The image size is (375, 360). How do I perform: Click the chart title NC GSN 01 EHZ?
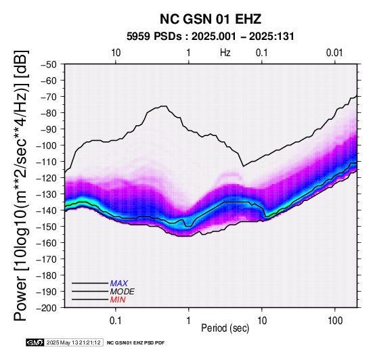pyautogui.click(x=211, y=19)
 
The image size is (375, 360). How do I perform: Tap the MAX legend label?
pyautogui.click(x=119, y=284)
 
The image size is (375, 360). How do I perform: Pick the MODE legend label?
pyautogui.click(x=123, y=292)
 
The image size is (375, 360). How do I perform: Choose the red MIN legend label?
pyautogui.click(x=118, y=300)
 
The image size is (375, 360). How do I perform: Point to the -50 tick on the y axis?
pyautogui.click(x=49, y=64)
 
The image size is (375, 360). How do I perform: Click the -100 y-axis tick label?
pyautogui.click(x=47, y=145)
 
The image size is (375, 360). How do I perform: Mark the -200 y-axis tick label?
pyautogui.click(x=47, y=308)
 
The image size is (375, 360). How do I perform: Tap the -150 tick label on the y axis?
pyautogui.click(x=47, y=227)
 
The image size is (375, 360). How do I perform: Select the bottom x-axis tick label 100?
pyautogui.click(x=335, y=321)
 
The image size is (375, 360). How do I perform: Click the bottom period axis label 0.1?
pyautogui.click(x=116, y=321)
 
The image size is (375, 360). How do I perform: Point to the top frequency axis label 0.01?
pyautogui.click(x=334, y=53)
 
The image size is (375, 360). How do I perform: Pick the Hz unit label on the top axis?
pyautogui.click(x=225, y=53)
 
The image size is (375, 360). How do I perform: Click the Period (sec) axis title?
pyautogui.click(x=225, y=328)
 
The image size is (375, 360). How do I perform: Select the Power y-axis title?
pyautogui.click(x=21, y=185)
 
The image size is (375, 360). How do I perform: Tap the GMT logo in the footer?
pyautogui.click(x=35, y=343)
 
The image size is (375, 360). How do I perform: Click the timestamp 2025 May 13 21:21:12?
pyautogui.click(x=73, y=343)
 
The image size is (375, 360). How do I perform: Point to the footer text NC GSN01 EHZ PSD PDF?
pyautogui.click(x=135, y=343)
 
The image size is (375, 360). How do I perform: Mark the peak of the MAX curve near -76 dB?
pyautogui.click(x=164, y=106)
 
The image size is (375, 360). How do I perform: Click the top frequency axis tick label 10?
pyautogui.click(x=116, y=53)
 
